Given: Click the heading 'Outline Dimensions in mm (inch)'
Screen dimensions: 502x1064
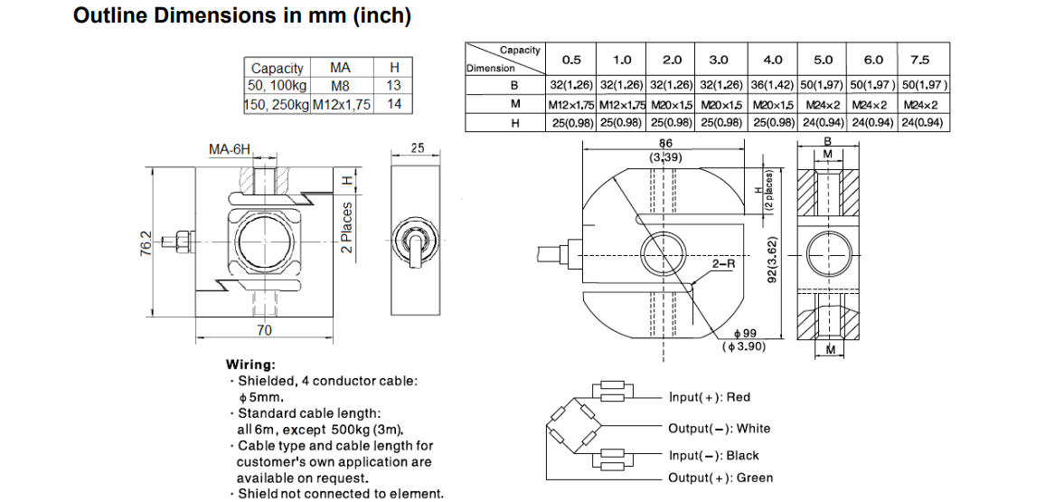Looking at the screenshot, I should click(242, 16).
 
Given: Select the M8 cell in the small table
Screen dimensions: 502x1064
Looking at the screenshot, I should click(340, 86).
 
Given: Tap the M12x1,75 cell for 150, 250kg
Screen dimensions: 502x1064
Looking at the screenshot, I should click(342, 104).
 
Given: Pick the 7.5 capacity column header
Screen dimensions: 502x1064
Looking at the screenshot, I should click(919, 60).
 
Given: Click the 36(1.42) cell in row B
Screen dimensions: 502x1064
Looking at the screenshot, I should click(773, 85).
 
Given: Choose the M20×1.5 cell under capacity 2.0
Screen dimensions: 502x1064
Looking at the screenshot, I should click(672, 104).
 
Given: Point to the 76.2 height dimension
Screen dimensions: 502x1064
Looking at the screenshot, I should click(146, 243).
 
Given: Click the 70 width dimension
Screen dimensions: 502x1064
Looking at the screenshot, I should click(263, 331).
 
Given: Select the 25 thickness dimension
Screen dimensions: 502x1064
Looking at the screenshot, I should click(417, 147).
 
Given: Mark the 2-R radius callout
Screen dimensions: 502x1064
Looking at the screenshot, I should click(724, 264).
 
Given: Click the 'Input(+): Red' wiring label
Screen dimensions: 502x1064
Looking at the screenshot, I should click(710, 397).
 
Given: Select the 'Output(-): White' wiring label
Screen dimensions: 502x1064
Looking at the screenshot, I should click(719, 429).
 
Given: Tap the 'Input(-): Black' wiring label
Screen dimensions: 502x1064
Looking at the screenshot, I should click(713, 456).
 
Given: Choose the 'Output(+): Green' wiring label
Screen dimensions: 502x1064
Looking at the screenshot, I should click(720, 478).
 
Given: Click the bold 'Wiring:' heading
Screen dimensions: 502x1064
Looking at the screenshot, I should click(251, 365).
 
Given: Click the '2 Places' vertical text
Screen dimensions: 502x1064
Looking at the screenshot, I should click(347, 227).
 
